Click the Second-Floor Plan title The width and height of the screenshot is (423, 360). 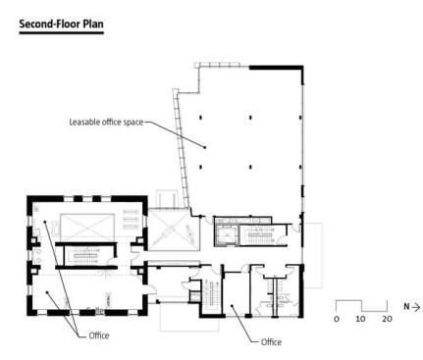click(x=62, y=24)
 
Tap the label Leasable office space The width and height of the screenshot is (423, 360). click(x=106, y=122)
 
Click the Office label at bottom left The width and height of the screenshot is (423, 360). click(x=99, y=335)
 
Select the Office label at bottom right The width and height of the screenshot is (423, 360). click(x=271, y=342)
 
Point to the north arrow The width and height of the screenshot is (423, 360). click(x=416, y=307)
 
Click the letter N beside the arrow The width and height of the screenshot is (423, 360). click(x=406, y=307)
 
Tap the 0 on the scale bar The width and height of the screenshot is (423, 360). click(x=337, y=319)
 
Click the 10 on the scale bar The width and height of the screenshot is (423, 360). click(x=360, y=319)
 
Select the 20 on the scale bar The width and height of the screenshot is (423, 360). click(x=387, y=319)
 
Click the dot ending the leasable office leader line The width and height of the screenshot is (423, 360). click(x=205, y=147)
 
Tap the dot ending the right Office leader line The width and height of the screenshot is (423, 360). click(x=232, y=306)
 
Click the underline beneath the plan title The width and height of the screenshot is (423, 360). click(x=62, y=32)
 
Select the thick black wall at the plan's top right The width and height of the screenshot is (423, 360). click(x=276, y=68)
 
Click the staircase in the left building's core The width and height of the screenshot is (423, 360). click(x=85, y=256)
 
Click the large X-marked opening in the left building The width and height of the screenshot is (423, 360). click(x=87, y=225)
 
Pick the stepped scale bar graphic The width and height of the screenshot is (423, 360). click(x=361, y=306)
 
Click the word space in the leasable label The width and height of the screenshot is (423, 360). click(x=133, y=123)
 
